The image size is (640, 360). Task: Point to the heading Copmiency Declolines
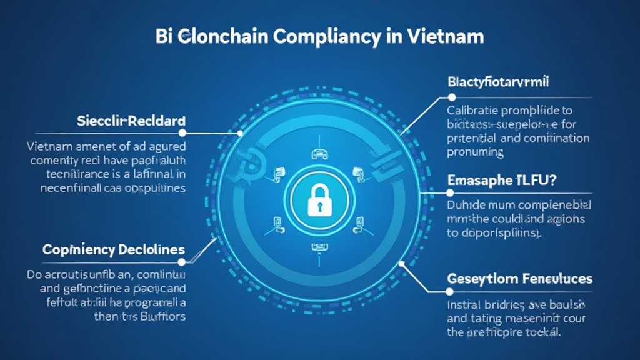pyautogui.click(x=113, y=250)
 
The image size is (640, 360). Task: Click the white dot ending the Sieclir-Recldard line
pyautogui.click(x=182, y=132)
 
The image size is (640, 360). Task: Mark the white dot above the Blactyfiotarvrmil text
pyautogui.click(x=450, y=97)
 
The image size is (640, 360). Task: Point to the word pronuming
pyautogui.click(x=476, y=152)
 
